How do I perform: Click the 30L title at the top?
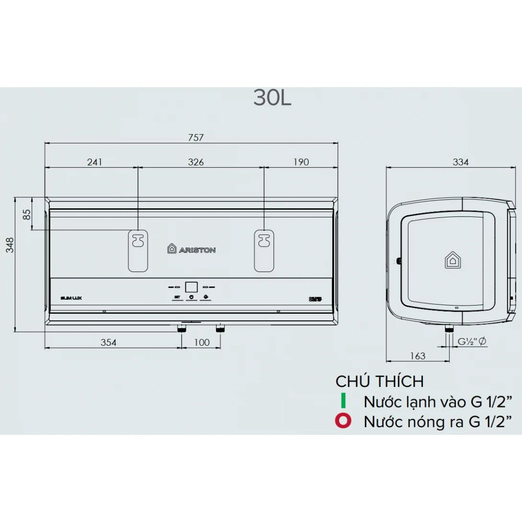click(x=272, y=98)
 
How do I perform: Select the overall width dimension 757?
click(x=196, y=137)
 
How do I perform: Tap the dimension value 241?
click(x=94, y=162)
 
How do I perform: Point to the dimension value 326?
click(x=196, y=162)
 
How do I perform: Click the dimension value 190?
click(x=301, y=162)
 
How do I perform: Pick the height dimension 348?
click(x=10, y=245)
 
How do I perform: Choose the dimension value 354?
click(x=108, y=342)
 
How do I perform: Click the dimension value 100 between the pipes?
click(x=202, y=342)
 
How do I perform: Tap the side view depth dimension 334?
click(x=460, y=162)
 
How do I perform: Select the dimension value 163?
click(x=418, y=356)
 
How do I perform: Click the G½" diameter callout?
click(x=472, y=341)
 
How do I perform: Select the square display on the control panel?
click(x=191, y=287)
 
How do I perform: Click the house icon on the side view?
click(x=452, y=260)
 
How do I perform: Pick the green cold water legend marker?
click(x=343, y=401)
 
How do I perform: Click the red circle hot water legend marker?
click(x=343, y=421)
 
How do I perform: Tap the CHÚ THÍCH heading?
click(x=379, y=381)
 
